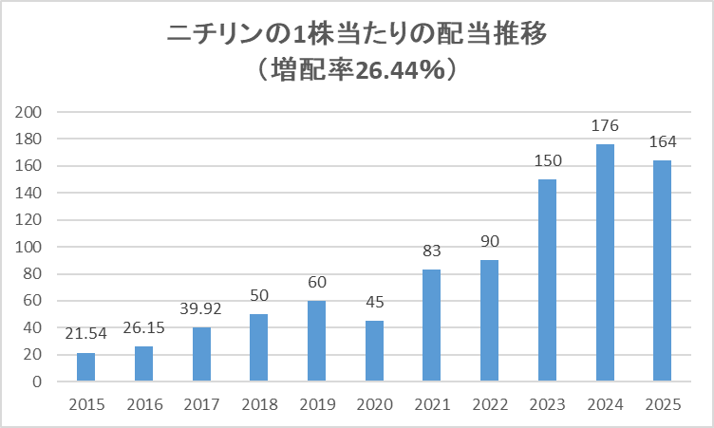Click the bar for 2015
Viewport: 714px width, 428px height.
pyautogui.click(x=85, y=367)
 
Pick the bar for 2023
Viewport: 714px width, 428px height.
pyautogui.click(x=547, y=281)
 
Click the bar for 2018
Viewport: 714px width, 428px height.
pyautogui.click(x=258, y=348)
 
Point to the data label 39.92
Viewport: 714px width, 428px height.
pyautogui.click(x=200, y=308)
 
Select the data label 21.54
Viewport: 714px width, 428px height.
pyautogui.click(x=85, y=334)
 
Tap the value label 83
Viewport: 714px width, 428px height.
pyautogui.click(x=431, y=251)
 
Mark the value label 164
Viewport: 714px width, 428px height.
pyautogui.click(x=662, y=142)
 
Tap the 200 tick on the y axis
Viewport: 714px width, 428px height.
pyautogui.click(x=31, y=112)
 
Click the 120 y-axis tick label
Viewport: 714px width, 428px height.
pyautogui.click(x=31, y=220)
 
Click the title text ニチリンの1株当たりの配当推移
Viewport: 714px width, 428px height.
pyautogui.click(x=357, y=36)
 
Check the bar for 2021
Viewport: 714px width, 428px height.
pyautogui.click(x=431, y=326)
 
